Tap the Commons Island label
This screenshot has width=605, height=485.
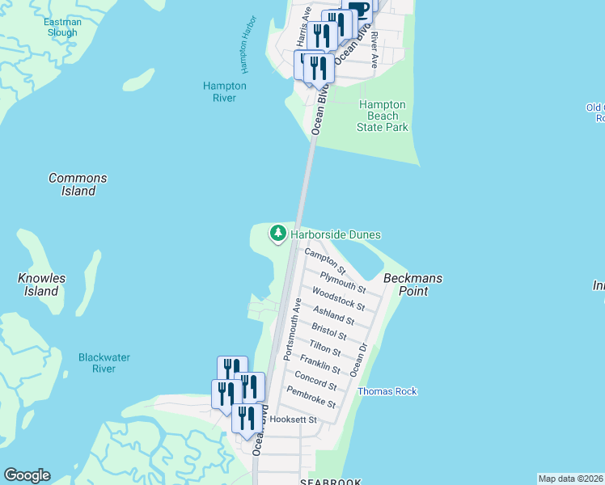click(78, 184)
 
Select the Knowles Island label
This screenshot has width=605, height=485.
click(41, 285)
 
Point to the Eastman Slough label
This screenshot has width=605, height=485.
click(62, 27)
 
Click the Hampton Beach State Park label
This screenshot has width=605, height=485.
click(383, 116)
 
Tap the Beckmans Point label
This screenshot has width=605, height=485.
click(412, 285)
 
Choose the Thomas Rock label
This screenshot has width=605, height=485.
click(387, 391)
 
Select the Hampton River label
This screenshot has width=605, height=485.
click(224, 92)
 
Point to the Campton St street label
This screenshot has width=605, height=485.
click(325, 260)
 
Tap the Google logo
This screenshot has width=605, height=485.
click(27, 475)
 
